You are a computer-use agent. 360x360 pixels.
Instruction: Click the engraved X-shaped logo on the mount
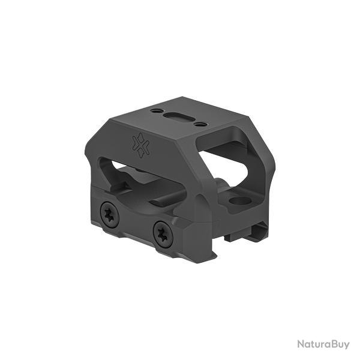click(x=140, y=146)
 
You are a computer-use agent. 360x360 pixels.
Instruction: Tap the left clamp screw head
click(x=110, y=215)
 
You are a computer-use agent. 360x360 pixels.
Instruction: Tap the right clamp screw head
click(x=163, y=235)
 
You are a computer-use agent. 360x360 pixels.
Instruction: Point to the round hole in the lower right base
click(x=240, y=201)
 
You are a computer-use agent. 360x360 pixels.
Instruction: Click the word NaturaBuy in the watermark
click(x=323, y=344)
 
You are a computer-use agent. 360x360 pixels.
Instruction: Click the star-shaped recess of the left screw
click(x=110, y=215)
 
